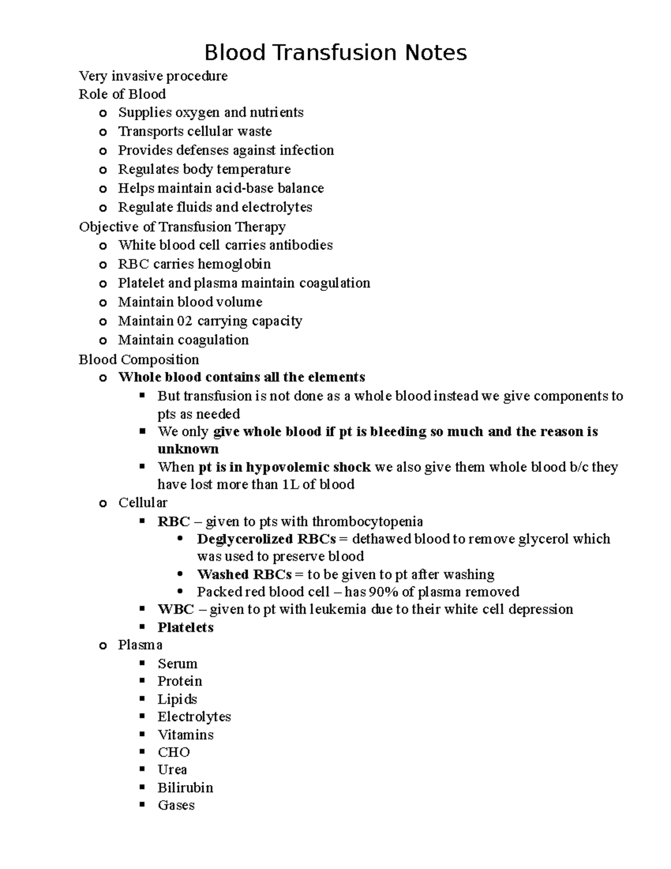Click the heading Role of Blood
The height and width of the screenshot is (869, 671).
[x=122, y=94]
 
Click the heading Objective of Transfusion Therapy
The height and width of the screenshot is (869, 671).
[x=182, y=227]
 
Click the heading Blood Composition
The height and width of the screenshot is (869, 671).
[x=139, y=359]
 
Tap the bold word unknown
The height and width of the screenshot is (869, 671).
[x=188, y=449]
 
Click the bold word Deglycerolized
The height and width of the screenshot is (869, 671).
[x=245, y=539]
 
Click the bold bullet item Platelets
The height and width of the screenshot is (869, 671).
[x=186, y=628]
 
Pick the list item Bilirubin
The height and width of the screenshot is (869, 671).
[x=185, y=788]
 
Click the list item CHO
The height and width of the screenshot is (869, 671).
[x=173, y=753]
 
